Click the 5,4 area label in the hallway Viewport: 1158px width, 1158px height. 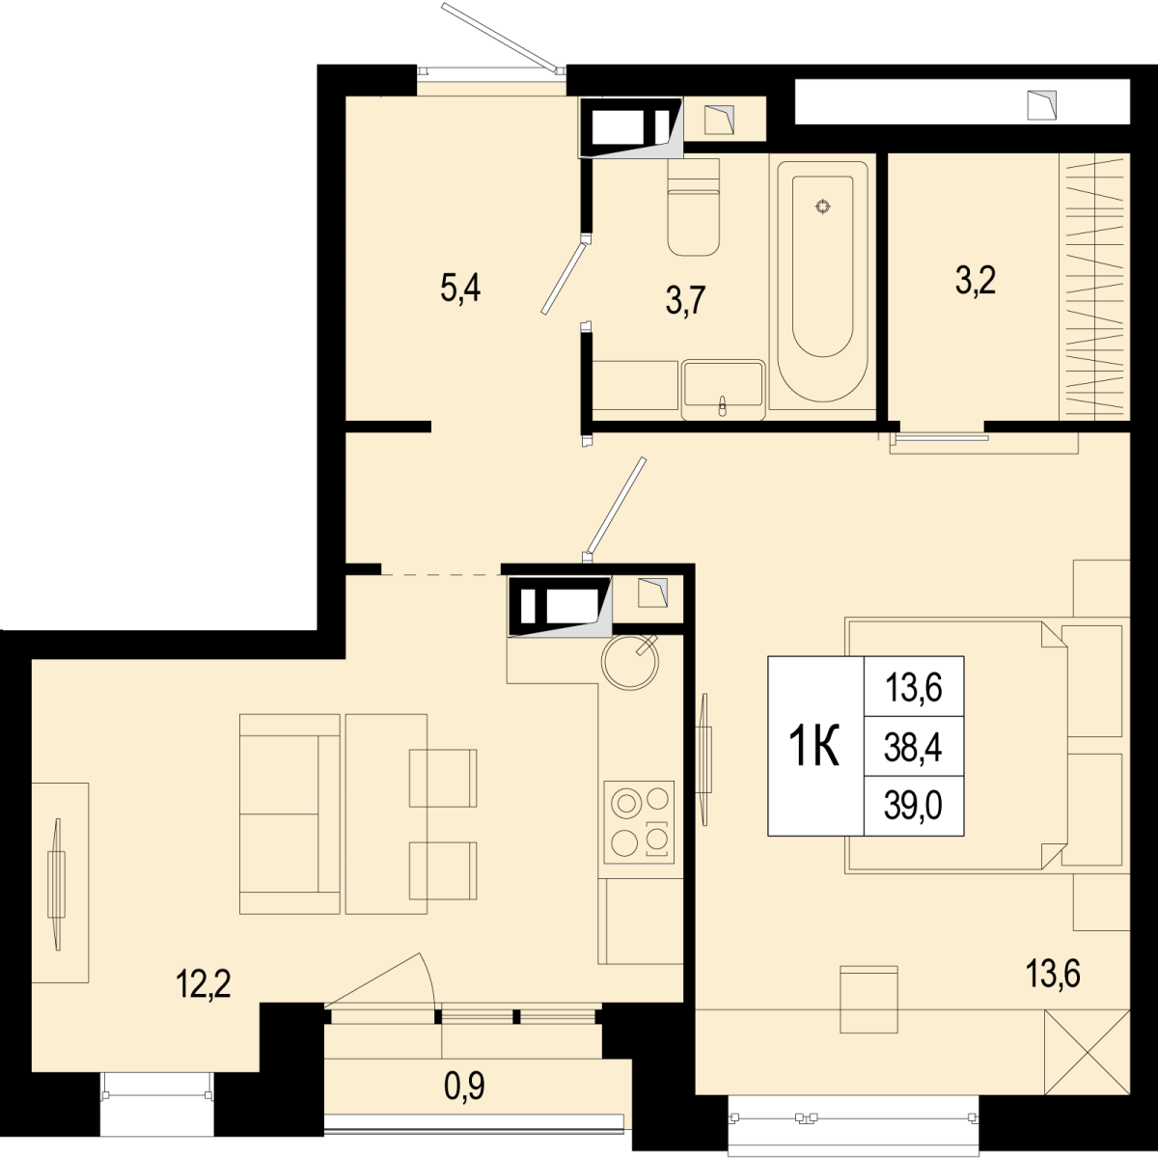[x=460, y=290]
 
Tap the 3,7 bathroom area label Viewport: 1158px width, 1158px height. [x=685, y=300]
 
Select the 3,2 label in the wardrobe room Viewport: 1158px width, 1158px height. [x=976, y=280]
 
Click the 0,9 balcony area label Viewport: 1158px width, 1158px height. [x=464, y=1086]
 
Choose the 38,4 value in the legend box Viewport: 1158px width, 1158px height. [x=914, y=749]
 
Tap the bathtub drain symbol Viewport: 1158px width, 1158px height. [x=823, y=207]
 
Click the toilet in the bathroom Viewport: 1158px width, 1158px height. [x=694, y=207]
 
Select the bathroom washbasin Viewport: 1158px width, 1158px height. [x=723, y=390]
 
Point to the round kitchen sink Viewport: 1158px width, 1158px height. [x=630, y=662]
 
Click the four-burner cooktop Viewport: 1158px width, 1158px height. [x=640, y=822]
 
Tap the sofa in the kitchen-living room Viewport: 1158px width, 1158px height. [x=289, y=814]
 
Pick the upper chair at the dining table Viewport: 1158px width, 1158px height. [x=443, y=778]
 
